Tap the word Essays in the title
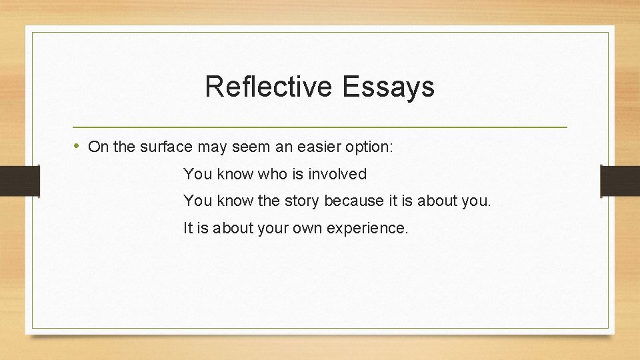389,87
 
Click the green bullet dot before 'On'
77,146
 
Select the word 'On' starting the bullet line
98,147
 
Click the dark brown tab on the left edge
19,181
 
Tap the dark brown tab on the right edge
620,181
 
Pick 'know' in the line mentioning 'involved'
235,175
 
